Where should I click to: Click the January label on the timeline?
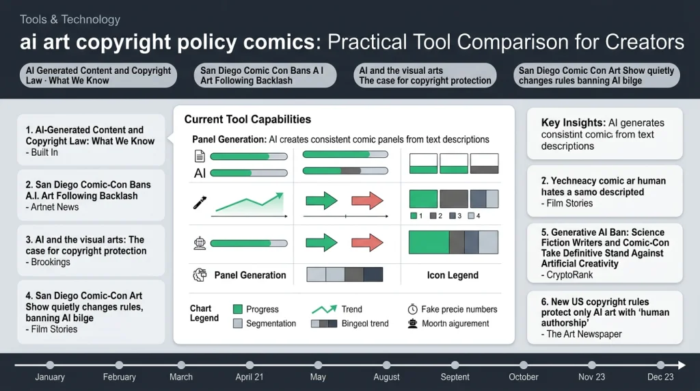click(x=50, y=377)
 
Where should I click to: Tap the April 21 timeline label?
click(x=250, y=377)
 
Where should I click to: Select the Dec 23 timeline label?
click(x=660, y=377)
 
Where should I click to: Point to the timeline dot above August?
click(x=387, y=365)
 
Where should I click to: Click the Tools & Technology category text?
click(x=70, y=20)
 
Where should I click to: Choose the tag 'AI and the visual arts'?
click(x=425, y=75)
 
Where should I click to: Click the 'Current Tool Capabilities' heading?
click(x=247, y=120)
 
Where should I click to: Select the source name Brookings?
click(x=51, y=262)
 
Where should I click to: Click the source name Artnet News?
click(x=55, y=207)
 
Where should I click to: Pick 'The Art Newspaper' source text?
click(x=585, y=334)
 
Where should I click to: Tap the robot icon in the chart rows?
click(x=200, y=243)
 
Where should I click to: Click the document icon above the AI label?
click(x=200, y=156)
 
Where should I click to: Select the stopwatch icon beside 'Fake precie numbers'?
click(x=412, y=309)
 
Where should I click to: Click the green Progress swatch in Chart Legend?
click(x=238, y=309)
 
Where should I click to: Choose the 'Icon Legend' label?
click(x=453, y=275)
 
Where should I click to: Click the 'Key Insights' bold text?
click(x=573, y=123)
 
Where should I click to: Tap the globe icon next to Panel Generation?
click(x=200, y=275)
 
